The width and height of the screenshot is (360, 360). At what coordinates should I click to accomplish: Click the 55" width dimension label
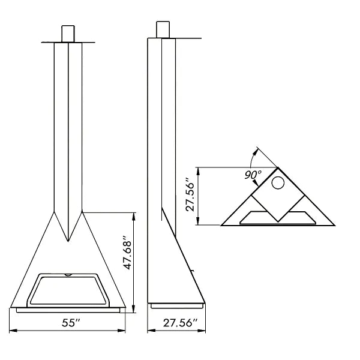tap(70, 323)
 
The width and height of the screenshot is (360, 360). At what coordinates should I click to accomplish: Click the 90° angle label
tap(253, 175)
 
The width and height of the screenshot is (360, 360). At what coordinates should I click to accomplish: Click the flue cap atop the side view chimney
tap(163, 29)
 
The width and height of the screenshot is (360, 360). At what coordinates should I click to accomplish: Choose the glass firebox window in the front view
tap(68, 289)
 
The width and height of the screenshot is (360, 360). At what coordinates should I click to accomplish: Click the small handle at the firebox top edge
tap(68, 275)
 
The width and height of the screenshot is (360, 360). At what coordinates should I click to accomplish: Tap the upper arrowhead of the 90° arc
tap(256, 149)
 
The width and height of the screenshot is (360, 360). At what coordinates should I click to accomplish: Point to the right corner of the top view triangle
tap(334, 225)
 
